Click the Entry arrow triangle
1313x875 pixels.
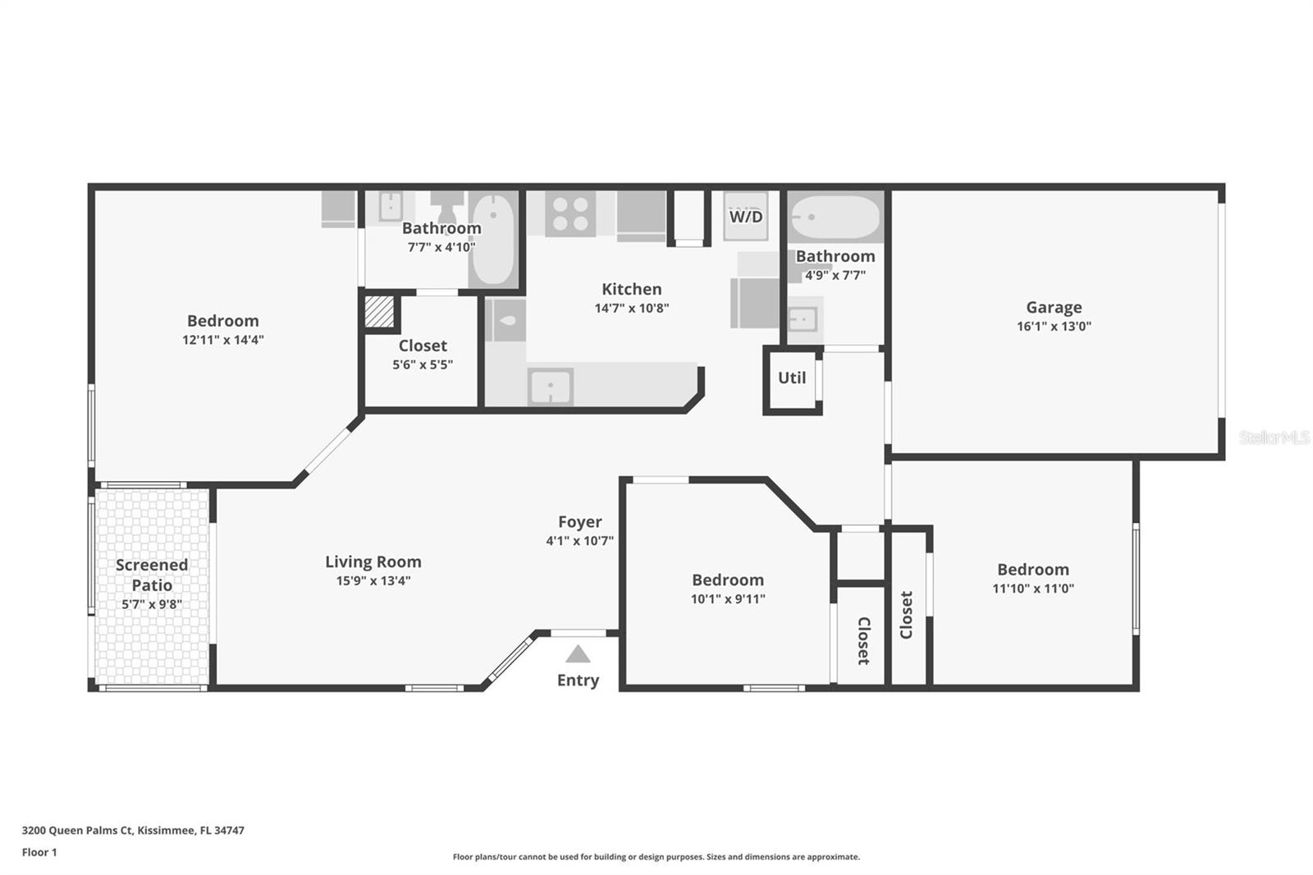[578, 654]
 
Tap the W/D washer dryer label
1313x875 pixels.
[746, 217]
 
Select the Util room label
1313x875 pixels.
[792, 378]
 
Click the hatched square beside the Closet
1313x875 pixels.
[379, 311]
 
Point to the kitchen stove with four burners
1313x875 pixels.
[570, 214]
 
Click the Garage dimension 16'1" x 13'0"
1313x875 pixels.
[1054, 327]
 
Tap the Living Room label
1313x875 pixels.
[373, 561]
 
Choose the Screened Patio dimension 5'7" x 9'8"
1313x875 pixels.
[152, 604]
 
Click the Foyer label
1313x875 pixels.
[579, 522]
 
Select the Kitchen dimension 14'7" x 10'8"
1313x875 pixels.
[632, 309]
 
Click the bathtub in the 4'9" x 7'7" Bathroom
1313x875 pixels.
[835, 217]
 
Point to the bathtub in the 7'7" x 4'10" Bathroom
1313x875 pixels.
[493, 240]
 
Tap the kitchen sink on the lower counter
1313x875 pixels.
[551, 387]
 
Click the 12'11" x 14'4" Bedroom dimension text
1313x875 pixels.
[223, 340]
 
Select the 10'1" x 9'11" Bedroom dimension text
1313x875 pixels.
[728, 599]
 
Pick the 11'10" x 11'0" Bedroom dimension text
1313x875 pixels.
[1033, 589]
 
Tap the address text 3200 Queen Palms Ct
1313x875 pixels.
[77, 831]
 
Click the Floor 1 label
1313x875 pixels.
[39, 852]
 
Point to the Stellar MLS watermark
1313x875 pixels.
[1274, 438]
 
